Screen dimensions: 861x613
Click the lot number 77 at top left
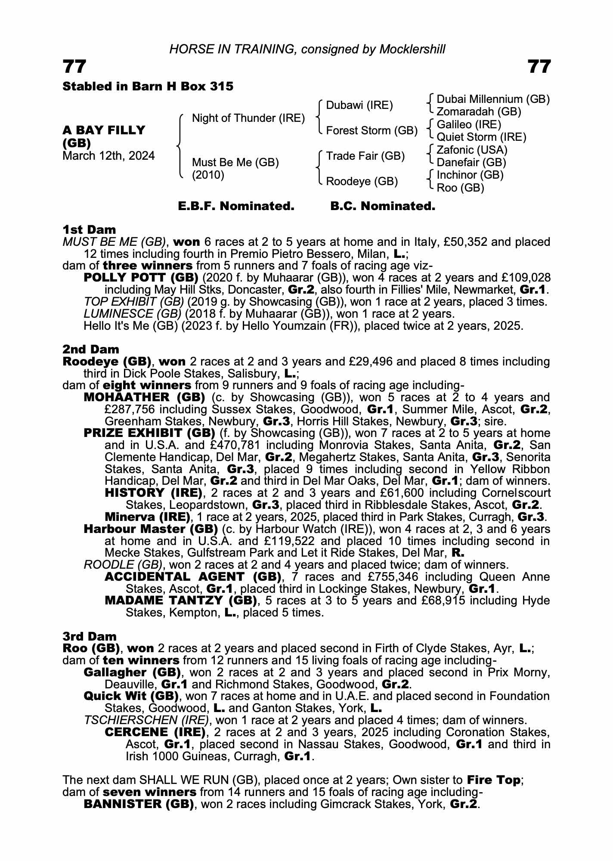74,67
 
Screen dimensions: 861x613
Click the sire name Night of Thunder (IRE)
248,118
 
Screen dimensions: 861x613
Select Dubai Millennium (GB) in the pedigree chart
493,99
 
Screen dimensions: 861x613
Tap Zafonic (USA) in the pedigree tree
472,150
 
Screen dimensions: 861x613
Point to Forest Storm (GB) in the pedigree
372,131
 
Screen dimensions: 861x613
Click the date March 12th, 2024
108,156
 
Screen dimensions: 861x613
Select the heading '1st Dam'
89,229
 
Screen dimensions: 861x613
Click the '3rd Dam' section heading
90,636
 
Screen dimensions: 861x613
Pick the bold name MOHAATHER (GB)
144,397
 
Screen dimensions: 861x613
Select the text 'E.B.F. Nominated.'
236,206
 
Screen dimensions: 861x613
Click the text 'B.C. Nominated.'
383,206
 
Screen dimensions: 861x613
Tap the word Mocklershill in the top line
412,50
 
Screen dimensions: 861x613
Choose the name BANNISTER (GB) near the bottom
138,804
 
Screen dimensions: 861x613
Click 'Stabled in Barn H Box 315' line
148,87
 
